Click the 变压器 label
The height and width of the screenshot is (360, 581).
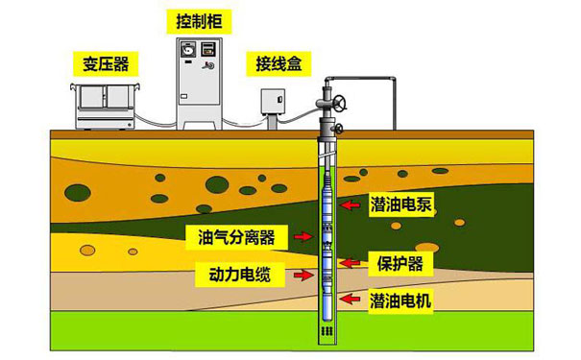click(x=100, y=64)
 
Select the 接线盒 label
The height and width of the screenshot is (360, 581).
click(x=278, y=64)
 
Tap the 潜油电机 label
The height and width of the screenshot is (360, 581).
click(x=400, y=300)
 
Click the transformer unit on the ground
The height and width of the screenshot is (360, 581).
click(x=104, y=105)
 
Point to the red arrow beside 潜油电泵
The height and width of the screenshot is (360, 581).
click(x=354, y=203)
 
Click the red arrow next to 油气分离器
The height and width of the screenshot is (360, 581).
click(x=303, y=236)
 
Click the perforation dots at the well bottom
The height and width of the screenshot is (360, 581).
click(x=327, y=330)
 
